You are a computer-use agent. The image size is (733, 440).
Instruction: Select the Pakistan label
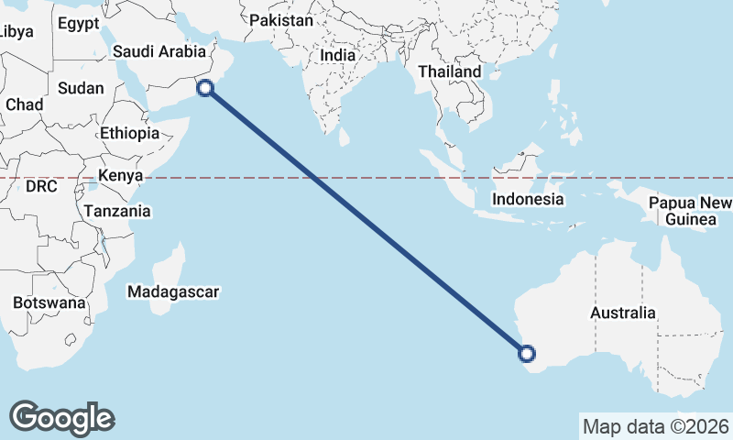(x=281, y=20)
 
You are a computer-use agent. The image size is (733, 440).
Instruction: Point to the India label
(x=337, y=55)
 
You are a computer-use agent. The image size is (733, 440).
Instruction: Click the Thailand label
(x=449, y=71)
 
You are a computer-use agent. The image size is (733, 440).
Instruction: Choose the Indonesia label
(x=527, y=199)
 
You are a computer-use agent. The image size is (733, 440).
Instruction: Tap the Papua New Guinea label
(x=690, y=211)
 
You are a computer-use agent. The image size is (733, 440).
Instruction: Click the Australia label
(x=623, y=313)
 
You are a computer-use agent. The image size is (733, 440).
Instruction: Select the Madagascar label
(x=173, y=292)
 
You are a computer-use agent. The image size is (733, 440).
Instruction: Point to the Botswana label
(x=49, y=302)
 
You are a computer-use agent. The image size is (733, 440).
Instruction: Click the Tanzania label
(x=117, y=211)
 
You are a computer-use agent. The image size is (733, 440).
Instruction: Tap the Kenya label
(x=120, y=175)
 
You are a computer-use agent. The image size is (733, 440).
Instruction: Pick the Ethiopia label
(x=130, y=133)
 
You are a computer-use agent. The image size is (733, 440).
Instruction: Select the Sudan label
(x=82, y=89)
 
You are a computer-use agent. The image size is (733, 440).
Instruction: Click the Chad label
(x=24, y=105)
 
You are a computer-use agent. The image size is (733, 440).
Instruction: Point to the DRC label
(x=41, y=186)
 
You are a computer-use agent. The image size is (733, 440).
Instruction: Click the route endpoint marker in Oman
(x=205, y=88)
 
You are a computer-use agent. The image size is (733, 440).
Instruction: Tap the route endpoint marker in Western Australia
(x=527, y=352)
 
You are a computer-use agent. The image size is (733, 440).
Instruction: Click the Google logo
(x=62, y=417)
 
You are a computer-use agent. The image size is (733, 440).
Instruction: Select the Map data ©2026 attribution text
(x=655, y=426)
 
